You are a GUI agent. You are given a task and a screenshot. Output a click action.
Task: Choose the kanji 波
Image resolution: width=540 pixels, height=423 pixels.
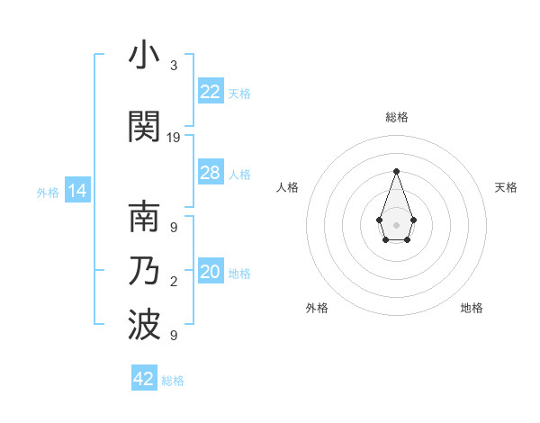coord(144,326)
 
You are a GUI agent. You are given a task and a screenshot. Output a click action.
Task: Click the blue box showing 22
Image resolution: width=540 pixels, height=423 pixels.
coord(211,92)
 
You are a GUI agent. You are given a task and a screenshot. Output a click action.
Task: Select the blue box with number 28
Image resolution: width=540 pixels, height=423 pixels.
coord(211,173)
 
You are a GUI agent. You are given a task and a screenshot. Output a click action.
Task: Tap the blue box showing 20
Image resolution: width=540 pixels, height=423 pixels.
coord(211,272)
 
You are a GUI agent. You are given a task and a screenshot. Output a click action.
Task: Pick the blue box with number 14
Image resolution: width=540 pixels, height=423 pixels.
coord(77,192)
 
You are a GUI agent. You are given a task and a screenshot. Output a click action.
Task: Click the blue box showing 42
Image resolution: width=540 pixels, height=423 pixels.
coord(144,379)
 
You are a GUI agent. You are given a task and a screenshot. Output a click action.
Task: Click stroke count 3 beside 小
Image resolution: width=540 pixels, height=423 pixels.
coord(174,66)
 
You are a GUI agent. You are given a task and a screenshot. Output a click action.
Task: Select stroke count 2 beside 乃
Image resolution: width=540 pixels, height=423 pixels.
coord(174,283)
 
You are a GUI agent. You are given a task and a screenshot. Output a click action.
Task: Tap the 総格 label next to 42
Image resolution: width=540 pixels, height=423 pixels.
coord(173,381)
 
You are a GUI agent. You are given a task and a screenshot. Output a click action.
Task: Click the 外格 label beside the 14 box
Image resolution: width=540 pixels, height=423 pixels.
coord(48,193)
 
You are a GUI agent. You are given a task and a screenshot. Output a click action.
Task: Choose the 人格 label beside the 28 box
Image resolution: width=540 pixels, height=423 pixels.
coord(239,175)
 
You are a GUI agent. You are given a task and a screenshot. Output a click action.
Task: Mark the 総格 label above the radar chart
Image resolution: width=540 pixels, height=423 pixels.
coord(396,117)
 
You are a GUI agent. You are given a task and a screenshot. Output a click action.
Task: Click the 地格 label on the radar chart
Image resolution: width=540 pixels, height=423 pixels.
coord(472,308)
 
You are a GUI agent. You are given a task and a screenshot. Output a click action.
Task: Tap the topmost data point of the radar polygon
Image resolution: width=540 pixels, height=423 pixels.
coord(396,170)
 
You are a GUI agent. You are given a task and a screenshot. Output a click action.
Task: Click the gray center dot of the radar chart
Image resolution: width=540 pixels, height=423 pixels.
coord(396,223)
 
